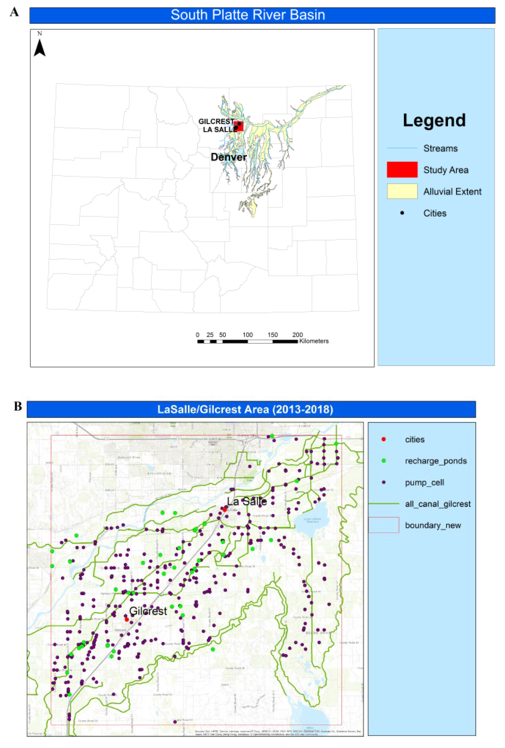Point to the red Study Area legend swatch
pyautogui.click(x=402, y=170)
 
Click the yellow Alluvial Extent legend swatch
pyautogui.click(x=402, y=191)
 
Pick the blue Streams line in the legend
pyautogui.click(x=402, y=148)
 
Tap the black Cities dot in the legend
pyautogui.click(x=402, y=213)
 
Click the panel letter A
pyautogui.click(x=14, y=12)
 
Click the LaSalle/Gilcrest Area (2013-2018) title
pyautogui.click(x=245, y=409)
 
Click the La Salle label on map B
pyautogui.click(x=247, y=501)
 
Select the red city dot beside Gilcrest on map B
pyautogui.click(x=127, y=619)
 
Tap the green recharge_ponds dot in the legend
pyautogui.click(x=383, y=461)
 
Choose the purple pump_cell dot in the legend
pyautogui.click(x=383, y=483)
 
